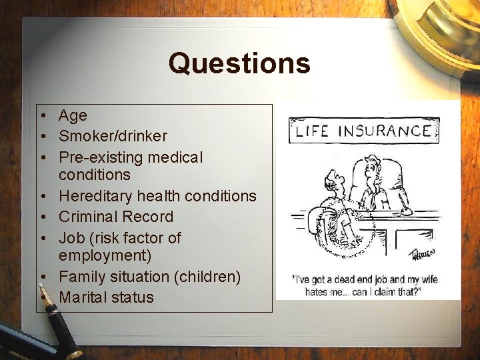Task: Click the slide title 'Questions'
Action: tap(239, 64)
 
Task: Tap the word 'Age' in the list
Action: tap(73, 115)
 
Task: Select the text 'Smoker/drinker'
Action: tap(113, 136)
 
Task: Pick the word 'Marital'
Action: tap(83, 297)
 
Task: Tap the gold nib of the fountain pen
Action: tap(45, 299)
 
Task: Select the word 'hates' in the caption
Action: tap(321, 291)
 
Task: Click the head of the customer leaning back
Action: tap(334, 180)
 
